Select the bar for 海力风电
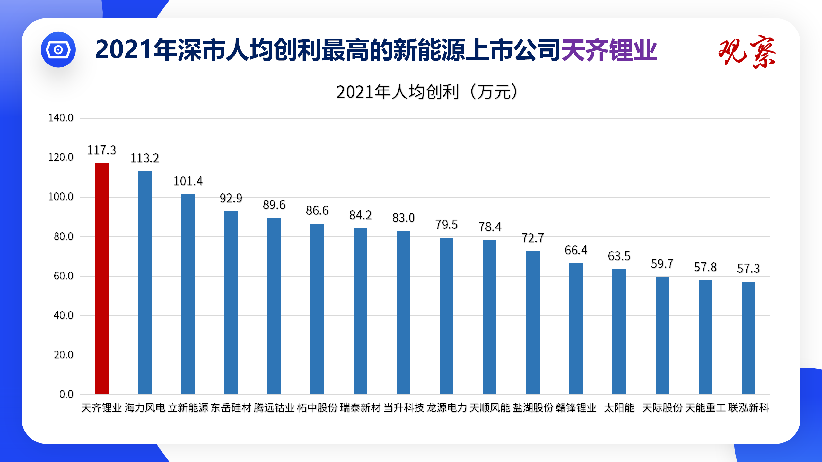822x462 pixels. click(x=144, y=282)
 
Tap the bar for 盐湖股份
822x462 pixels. click(x=533, y=322)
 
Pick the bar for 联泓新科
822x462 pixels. click(x=748, y=338)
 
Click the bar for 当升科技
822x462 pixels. click(x=403, y=312)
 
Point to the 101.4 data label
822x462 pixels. click(x=188, y=181)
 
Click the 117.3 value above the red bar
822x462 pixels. click(x=101, y=150)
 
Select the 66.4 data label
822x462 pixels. click(x=576, y=250)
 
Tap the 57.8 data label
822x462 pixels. click(x=705, y=267)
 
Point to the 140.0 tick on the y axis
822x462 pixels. click(x=61, y=118)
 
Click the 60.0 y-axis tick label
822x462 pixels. click(x=63, y=276)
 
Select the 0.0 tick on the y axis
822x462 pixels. click(x=66, y=394)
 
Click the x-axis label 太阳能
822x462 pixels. click(x=619, y=408)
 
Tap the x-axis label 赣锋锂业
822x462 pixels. click(x=576, y=408)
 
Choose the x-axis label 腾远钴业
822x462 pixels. click(x=274, y=408)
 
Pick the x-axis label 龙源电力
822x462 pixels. click(x=446, y=408)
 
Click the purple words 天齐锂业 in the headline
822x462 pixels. click(x=609, y=50)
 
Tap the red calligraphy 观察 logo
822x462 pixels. click(x=747, y=51)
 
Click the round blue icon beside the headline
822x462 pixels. click(x=58, y=50)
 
